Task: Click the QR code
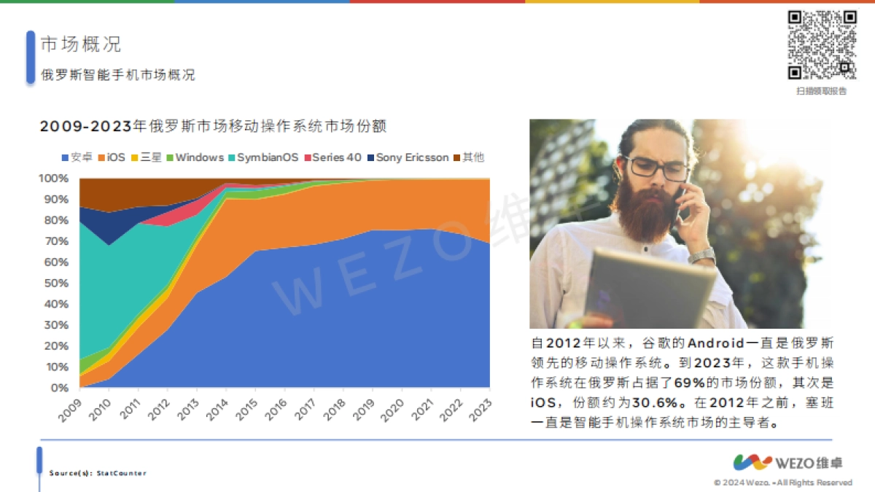coord(822,44)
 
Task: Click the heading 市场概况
coord(81,44)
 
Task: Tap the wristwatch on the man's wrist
coord(701,256)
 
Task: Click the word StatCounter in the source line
coord(121,473)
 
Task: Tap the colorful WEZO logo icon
coord(752,463)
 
